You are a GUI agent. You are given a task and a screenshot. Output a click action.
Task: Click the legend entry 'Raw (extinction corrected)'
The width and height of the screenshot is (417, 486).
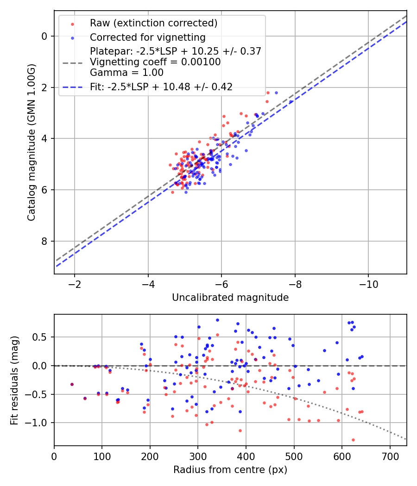(153, 23)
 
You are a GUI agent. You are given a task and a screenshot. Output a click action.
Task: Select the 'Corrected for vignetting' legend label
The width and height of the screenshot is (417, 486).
(147, 37)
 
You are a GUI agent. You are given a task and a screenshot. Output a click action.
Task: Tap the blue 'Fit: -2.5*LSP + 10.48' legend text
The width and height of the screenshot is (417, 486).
(161, 87)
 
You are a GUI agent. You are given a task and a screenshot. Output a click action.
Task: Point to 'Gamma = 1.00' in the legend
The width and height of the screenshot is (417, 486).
(126, 72)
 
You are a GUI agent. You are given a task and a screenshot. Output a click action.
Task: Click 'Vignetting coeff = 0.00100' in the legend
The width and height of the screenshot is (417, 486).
(155, 62)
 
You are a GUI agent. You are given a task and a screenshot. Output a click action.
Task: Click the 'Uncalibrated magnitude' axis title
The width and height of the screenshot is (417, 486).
(230, 298)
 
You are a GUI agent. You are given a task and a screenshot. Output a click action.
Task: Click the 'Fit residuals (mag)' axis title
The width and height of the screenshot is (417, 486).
(14, 380)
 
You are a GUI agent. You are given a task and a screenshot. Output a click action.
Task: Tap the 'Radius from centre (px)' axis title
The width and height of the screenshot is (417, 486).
(230, 470)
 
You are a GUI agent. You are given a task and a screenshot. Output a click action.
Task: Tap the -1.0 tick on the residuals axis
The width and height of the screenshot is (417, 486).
(39, 423)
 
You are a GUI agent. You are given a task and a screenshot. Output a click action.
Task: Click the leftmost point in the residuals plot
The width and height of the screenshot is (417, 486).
(72, 384)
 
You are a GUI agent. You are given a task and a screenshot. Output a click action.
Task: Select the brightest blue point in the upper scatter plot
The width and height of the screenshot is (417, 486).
(276, 93)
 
